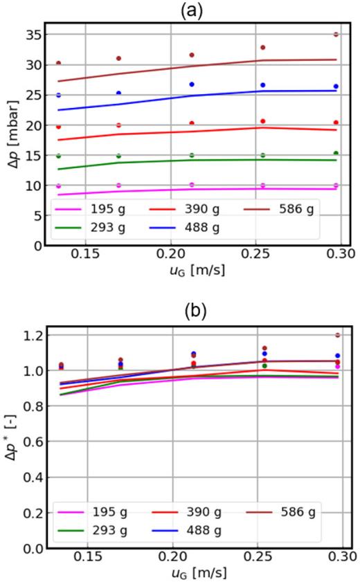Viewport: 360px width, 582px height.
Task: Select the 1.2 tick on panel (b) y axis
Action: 31,336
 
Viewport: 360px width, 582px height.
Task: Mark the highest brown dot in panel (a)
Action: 336,34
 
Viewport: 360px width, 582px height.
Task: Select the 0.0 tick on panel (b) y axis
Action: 31,548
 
